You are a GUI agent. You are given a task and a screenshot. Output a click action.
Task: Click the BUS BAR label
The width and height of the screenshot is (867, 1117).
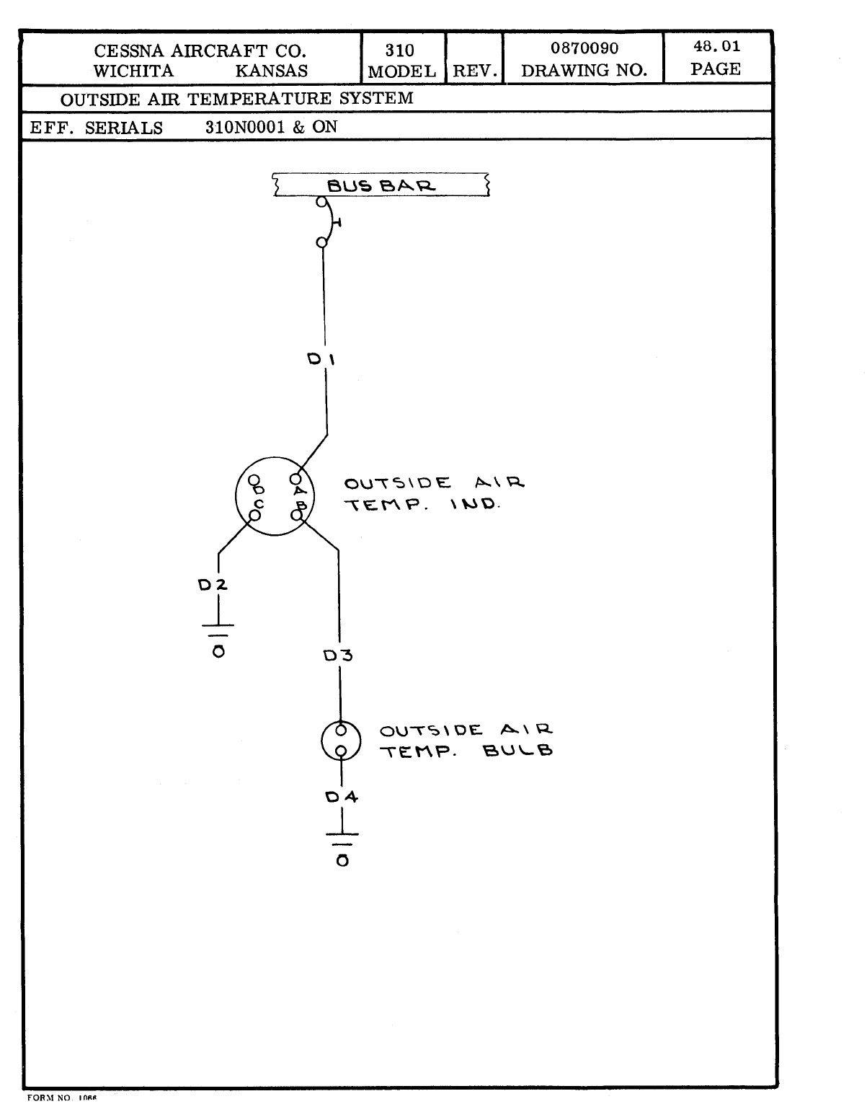(x=381, y=185)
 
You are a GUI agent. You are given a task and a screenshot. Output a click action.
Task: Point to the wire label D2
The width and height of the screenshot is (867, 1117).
(x=213, y=586)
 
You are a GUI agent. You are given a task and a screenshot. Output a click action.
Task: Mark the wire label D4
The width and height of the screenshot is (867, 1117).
(x=342, y=797)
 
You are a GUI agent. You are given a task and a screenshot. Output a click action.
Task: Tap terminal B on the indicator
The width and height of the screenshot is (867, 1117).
(x=296, y=515)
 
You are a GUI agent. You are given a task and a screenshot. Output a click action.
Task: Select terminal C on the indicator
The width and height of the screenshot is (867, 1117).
(x=254, y=515)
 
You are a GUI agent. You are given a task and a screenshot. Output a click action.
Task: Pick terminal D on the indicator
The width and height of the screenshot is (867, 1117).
(x=254, y=479)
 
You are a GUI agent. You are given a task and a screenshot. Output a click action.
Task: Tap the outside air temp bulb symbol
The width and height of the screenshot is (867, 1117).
(x=340, y=741)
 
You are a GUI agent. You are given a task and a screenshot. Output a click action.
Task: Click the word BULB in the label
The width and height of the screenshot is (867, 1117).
(x=517, y=751)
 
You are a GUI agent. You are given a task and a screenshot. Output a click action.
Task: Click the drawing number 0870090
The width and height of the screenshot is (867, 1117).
(x=584, y=49)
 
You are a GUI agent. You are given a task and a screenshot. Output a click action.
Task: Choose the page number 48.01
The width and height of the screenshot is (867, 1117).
(x=716, y=48)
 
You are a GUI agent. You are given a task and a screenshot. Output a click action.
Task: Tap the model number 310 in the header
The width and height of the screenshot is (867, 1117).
(x=399, y=50)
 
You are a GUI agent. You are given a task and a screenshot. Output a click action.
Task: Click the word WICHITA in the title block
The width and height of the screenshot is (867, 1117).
(x=133, y=71)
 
